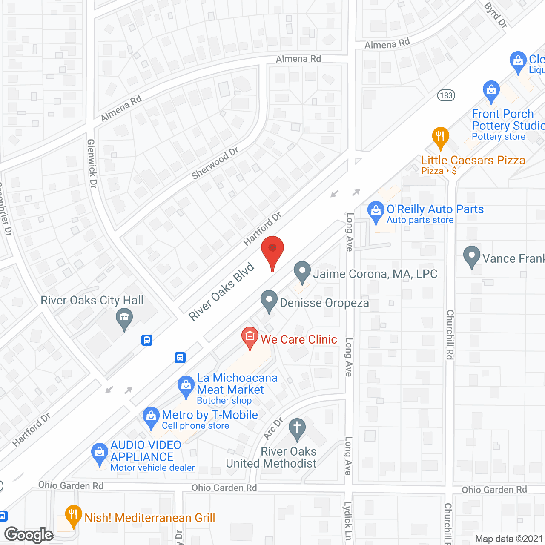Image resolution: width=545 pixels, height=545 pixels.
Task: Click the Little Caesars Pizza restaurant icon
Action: pos(440,137)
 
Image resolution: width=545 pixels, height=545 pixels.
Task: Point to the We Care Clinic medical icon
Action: pos(250,337)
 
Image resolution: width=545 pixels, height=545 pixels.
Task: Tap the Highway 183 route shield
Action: pos(446,95)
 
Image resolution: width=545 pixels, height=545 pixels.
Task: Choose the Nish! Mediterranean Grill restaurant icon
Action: pos(74,515)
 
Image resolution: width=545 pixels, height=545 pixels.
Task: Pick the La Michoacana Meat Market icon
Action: pos(186,386)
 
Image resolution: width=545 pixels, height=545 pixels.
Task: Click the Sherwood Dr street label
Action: pos(215,163)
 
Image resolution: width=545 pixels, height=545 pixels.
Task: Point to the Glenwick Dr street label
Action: pos(92,163)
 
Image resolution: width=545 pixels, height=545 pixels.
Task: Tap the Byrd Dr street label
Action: pos(496,15)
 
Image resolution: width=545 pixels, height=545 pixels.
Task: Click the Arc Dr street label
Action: pos(273,428)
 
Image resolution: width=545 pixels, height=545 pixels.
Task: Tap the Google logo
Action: pos(29,535)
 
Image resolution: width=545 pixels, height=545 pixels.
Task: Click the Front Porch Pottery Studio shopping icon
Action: pos(491,91)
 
